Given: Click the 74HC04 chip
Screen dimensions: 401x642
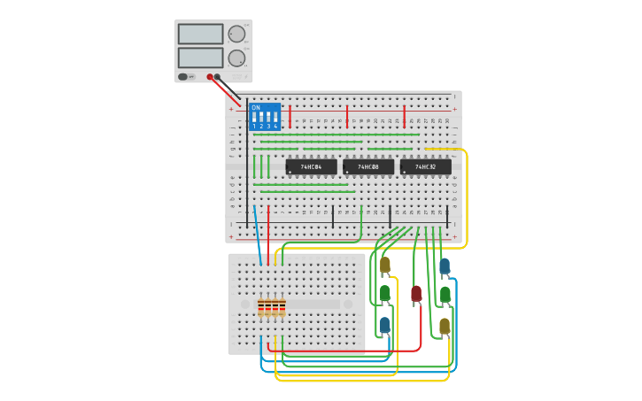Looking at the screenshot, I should tap(311, 166).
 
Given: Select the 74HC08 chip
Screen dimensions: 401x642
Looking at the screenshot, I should tap(368, 166).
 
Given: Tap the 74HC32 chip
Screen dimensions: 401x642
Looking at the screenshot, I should tap(425, 166).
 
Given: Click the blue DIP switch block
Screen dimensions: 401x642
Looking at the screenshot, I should tap(265, 117).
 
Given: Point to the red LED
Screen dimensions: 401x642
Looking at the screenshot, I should tap(416, 292).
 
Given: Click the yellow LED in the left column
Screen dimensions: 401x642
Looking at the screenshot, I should tap(385, 264).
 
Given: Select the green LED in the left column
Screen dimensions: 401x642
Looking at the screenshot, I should tap(385, 292).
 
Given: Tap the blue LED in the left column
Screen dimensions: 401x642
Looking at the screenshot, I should tap(385, 324).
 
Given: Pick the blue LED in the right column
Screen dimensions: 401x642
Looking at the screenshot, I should tap(445, 265).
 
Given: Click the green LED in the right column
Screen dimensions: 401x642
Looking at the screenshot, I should tap(445, 294).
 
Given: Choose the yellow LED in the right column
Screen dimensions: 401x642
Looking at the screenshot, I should tap(445, 325).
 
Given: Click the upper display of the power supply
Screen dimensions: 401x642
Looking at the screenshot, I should tap(201, 34).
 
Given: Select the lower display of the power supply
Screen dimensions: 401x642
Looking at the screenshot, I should tap(201, 58).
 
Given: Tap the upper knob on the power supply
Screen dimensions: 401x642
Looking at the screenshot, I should tap(236, 34).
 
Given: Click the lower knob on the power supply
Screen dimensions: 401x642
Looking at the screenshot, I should tap(236, 58).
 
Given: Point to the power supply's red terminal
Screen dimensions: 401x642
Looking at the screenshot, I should tap(210, 77).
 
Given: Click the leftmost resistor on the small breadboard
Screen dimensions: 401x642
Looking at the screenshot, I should tap(261, 308).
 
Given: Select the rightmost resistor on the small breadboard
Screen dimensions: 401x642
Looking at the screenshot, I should tap(282, 308).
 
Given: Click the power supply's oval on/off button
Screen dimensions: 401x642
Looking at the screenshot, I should tap(183, 77).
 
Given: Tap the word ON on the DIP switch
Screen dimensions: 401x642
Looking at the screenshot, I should tap(256, 108).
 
